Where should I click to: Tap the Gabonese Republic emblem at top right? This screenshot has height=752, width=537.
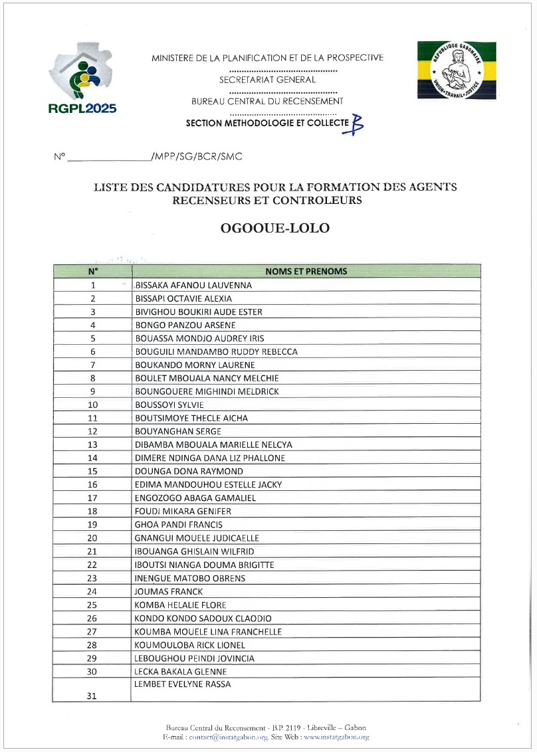(x=457, y=69)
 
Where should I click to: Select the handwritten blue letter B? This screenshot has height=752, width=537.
(x=357, y=124)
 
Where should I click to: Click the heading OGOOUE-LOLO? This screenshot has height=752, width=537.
(x=275, y=228)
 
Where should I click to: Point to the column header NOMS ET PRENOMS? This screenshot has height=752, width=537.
(x=306, y=271)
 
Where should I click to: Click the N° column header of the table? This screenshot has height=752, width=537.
(x=92, y=271)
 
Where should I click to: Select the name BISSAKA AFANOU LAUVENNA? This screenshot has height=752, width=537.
(x=193, y=285)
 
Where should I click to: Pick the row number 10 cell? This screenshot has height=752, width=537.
(x=92, y=405)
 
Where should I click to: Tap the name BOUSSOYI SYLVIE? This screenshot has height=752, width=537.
(x=169, y=405)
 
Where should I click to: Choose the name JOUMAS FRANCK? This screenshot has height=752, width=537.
(x=169, y=591)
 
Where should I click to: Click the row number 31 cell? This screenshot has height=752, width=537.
(x=92, y=696)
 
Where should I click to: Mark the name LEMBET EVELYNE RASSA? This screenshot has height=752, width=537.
(x=183, y=684)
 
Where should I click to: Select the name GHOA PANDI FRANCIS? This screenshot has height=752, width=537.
(x=179, y=524)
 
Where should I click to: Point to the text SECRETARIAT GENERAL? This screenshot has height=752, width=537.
(x=267, y=80)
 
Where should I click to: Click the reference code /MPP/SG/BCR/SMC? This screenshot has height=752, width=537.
(x=196, y=157)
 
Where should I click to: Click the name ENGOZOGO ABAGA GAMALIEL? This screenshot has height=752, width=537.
(x=195, y=498)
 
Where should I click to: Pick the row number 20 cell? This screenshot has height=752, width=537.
(x=92, y=538)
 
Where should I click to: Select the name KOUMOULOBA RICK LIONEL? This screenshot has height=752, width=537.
(x=190, y=644)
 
